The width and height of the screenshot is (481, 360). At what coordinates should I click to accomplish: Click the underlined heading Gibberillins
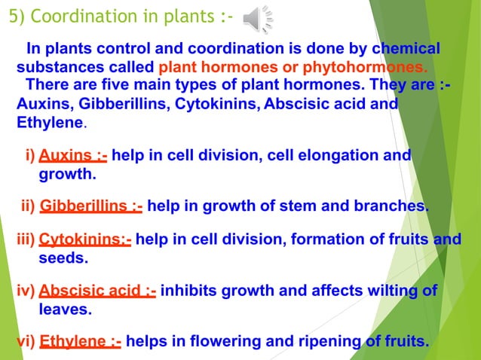pyautogui.click(x=90, y=206)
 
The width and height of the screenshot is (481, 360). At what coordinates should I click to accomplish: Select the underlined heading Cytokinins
pyautogui.click(x=84, y=240)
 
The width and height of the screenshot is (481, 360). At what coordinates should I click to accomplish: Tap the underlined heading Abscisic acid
pyautogui.click(x=97, y=291)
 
